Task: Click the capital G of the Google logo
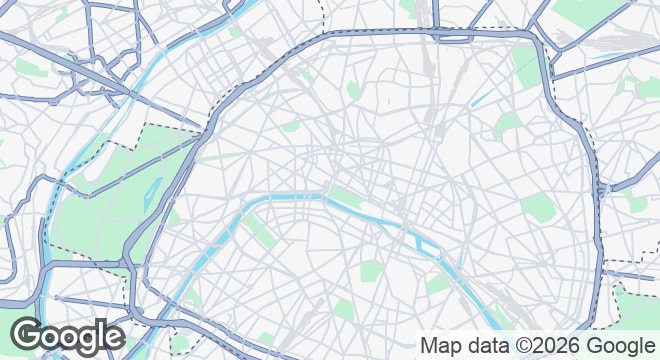tap(27, 335)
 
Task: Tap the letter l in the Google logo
tap(101, 333)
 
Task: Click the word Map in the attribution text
tap(439, 345)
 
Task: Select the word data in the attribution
tap(484, 345)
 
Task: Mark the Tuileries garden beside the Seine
tap(345, 195)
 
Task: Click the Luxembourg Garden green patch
tap(371, 269)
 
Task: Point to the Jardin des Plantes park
tap(437, 284)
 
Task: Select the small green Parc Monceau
tap(290, 128)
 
